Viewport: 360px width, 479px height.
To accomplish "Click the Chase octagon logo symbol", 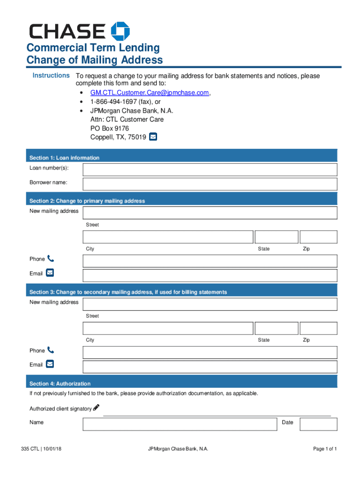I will [120, 31].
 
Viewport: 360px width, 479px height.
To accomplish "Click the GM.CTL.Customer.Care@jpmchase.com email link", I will [150, 93].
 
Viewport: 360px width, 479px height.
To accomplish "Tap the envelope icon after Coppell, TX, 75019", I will [153, 137].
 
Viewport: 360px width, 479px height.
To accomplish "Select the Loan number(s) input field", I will [210, 169].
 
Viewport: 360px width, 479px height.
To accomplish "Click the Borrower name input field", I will [210, 184].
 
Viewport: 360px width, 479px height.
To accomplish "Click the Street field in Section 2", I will [210, 213].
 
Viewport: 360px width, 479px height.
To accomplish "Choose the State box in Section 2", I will [276, 237].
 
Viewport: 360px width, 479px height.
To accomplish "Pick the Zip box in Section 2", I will [318, 237].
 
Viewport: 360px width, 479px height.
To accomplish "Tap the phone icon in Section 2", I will [50, 258].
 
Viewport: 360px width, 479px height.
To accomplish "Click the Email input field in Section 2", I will [210, 275].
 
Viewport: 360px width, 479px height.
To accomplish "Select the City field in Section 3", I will [168, 328].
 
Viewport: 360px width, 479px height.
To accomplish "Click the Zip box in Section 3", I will [318, 328].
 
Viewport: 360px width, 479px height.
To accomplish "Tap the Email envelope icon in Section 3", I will [50, 364].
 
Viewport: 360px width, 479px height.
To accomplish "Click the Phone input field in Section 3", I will [210, 352].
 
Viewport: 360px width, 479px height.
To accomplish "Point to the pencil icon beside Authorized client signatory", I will [96, 407].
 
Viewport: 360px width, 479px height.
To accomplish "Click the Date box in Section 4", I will [318, 424].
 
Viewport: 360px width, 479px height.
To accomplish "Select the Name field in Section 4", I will [180, 424].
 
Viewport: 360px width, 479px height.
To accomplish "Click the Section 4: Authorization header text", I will [60, 384].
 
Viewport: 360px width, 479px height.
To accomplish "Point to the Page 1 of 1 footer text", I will [325, 449].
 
